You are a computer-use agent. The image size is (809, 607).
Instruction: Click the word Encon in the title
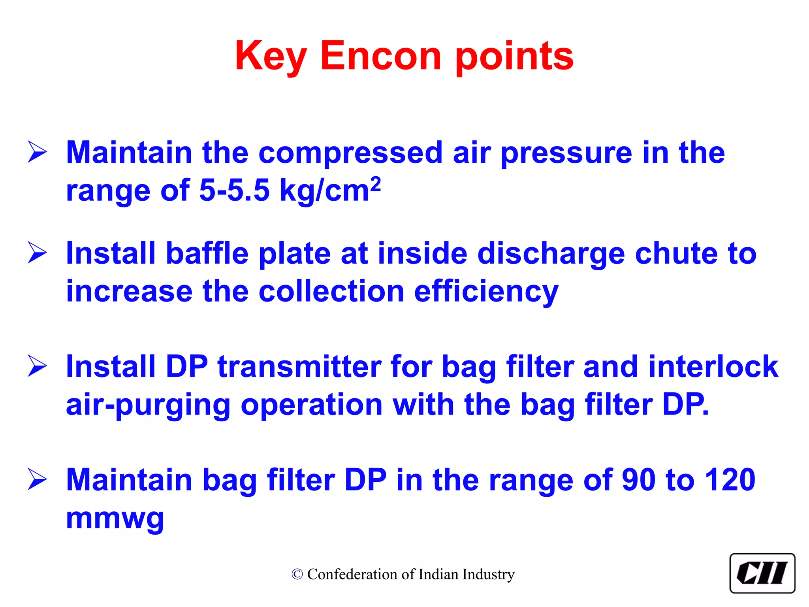click(380, 56)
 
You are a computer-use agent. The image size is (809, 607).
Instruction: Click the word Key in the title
click(271, 56)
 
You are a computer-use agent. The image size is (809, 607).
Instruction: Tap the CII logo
click(762, 573)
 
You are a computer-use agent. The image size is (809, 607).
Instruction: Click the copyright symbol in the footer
click(297, 574)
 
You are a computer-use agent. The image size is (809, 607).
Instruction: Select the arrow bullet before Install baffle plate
click(38, 253)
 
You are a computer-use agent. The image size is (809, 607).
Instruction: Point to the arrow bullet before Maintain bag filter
click(38, 479)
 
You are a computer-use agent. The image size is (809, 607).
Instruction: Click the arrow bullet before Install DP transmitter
click(38, 366)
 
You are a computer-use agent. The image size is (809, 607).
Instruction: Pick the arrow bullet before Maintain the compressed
click(38, 152)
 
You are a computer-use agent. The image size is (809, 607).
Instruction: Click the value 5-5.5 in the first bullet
click(234, 190)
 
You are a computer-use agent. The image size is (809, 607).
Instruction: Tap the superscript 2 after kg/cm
click(376, 184)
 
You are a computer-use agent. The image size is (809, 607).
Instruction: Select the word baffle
click(207, 253)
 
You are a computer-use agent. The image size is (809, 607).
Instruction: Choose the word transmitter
click(299, 367)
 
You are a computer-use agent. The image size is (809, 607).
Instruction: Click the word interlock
click(713, 367)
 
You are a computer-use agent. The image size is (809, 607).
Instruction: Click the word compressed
click(350, 153)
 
